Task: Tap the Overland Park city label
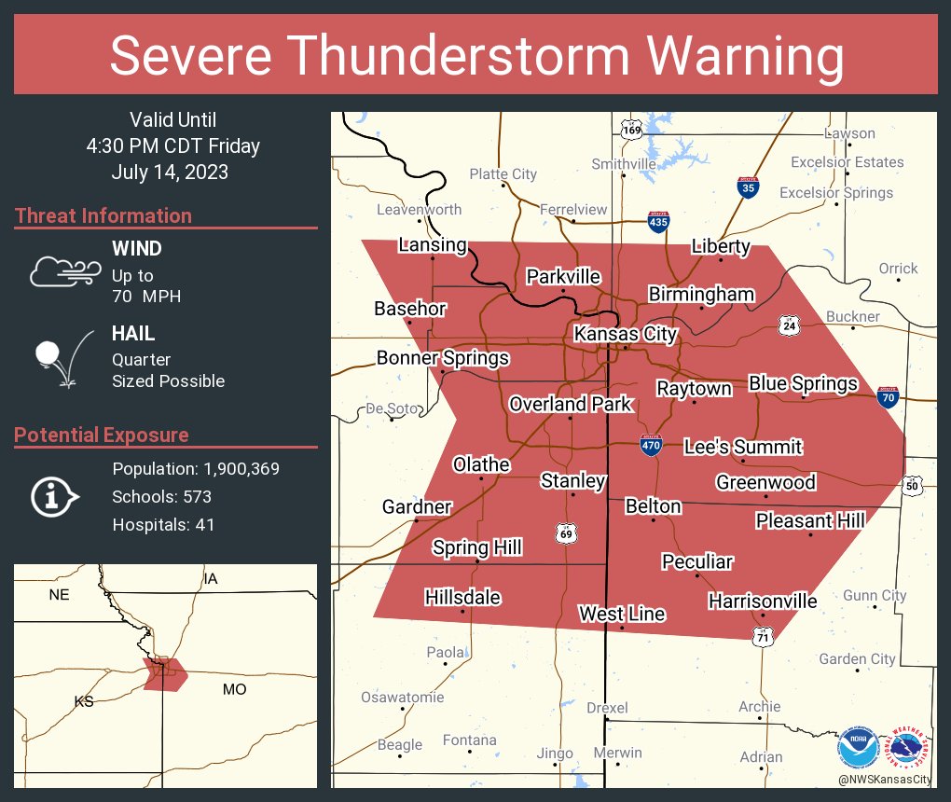(570, 404)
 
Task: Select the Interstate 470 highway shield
(652, 445)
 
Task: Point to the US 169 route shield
(631, 129)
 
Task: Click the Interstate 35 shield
(748, 187)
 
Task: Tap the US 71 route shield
(763, 635)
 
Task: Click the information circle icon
(52, 496)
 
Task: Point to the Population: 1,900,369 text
(196, 468)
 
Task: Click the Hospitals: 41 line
(163, 524)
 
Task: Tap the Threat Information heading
(103, 215)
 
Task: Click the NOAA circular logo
(856, 748)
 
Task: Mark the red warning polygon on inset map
(165, 674)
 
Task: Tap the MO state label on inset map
(234, 689)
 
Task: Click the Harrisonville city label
(762, 601)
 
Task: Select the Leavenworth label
(419, 209)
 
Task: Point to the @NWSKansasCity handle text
(883, 779)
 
